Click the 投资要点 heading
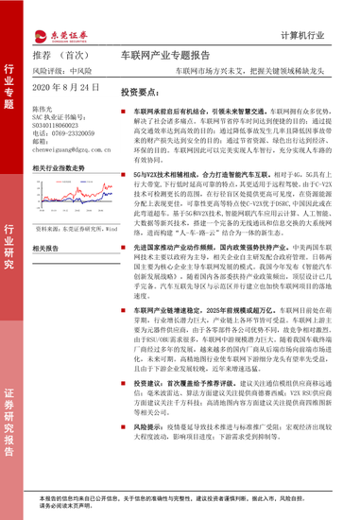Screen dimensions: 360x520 click(x=144, y=94)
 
